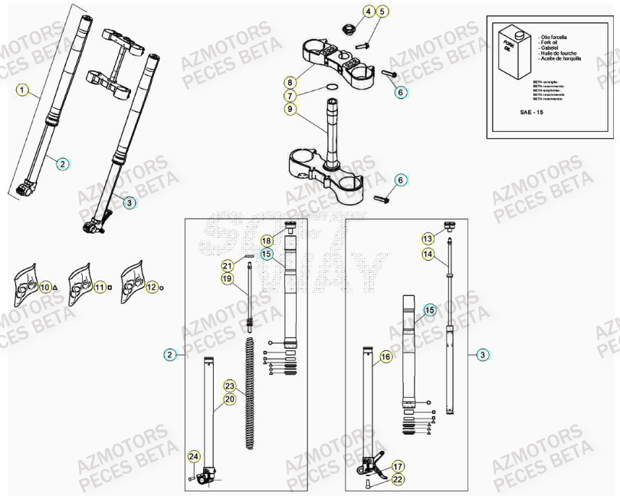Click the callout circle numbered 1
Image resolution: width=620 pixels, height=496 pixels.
[22, 90]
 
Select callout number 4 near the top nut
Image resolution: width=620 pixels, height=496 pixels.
[368, 11]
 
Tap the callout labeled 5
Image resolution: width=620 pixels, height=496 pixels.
[382, 11]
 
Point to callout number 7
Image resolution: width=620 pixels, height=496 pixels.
[290, 96]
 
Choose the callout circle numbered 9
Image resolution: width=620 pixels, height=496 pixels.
[290, 110]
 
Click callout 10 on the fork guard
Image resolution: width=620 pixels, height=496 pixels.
[45, 287]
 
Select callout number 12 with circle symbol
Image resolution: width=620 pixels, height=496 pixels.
[152, 287]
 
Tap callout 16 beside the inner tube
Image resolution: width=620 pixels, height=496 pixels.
[385, 357]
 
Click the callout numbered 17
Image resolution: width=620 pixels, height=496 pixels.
[398, 466]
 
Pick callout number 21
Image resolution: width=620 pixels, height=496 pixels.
[227, 265]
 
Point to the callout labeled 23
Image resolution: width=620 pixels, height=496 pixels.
[229, 386]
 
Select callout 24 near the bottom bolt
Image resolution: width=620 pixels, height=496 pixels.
[193, 457]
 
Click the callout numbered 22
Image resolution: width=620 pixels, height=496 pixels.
[398, 479]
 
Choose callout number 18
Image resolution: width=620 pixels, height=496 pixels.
[267, 241]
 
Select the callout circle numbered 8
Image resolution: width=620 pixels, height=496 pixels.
[290, 82]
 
